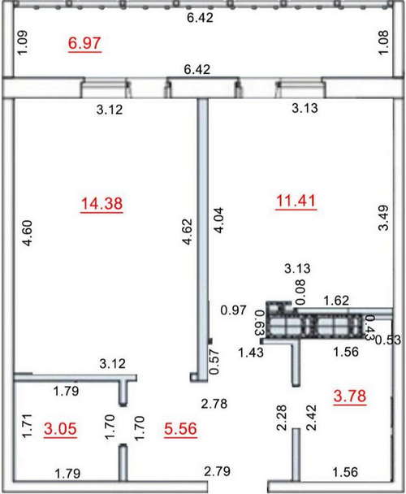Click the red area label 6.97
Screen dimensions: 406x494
(x=84, y=43)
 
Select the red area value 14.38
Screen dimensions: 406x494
(x=101, y=203)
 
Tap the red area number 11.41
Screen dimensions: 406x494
(x=296, y=201)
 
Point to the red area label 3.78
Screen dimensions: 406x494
(x=350, y=396)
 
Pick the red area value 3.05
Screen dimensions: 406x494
(x=60, y=429)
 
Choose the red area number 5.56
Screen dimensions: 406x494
(x=180, y=429)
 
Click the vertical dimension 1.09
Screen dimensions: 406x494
(x=23, y=42)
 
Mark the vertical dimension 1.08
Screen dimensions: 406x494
(x=383, y=42)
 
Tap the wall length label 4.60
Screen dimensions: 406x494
(x=27, y=233)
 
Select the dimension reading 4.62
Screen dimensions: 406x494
(x=187, y=232)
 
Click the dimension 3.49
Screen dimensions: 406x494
(x=383, y=218)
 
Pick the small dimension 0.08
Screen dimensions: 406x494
(x=300, y=292)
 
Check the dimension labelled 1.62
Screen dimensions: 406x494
(x=336, y=301)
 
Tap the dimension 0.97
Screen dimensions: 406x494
(x=233, y=310)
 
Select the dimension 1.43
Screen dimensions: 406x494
(x=251, y=352)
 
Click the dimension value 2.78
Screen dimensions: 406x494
(x=214, y=403)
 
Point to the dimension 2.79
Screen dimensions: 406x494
(x=218, y=471)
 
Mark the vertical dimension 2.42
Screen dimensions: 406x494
(x=311, y=418)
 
